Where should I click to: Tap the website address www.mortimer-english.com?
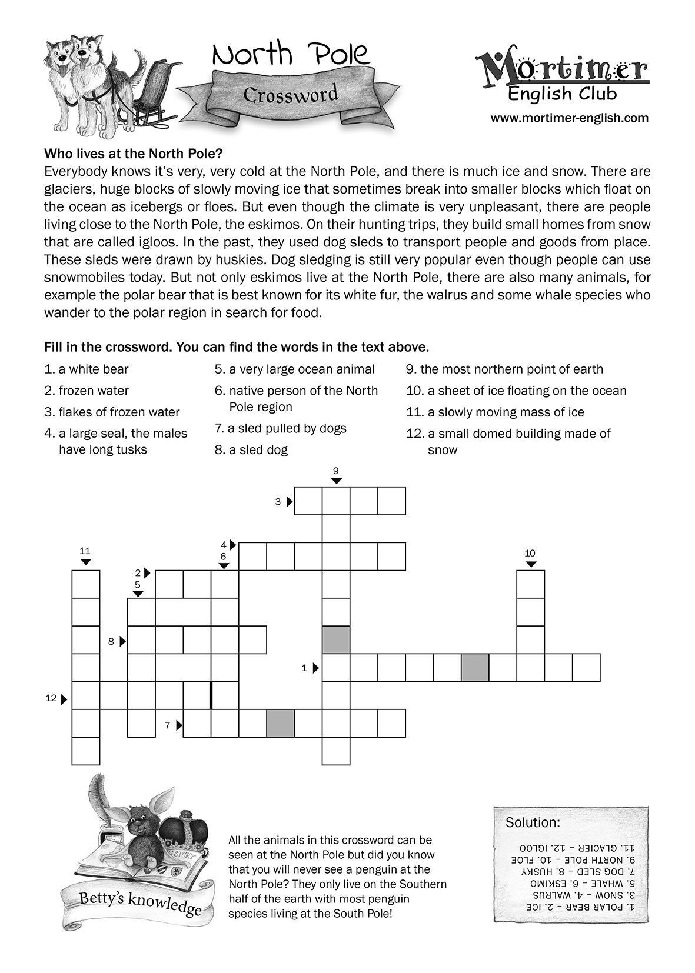click(x=569, y=118)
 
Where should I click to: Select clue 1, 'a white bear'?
click(x=87, y=369)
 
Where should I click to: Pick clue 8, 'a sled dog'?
click(x=251, y=450)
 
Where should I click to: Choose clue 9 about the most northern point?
click(x=504, y=369)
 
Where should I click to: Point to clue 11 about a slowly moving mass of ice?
click(x=495, y=412)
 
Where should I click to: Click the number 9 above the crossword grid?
click(x=335, y=471)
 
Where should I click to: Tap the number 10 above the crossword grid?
click(x=530, y=553)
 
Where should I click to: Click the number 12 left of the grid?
click(x=51, y=698)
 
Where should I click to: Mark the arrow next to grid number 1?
click(x=316, y=668)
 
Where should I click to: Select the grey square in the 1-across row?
click(x=475, y=668)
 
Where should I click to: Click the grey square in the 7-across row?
click(x=281, y=724)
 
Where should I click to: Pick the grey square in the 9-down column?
click(x=336, y=639)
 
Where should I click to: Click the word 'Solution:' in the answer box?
click(x=533, y=822)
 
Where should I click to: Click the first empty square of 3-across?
click(x=308, y=501)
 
